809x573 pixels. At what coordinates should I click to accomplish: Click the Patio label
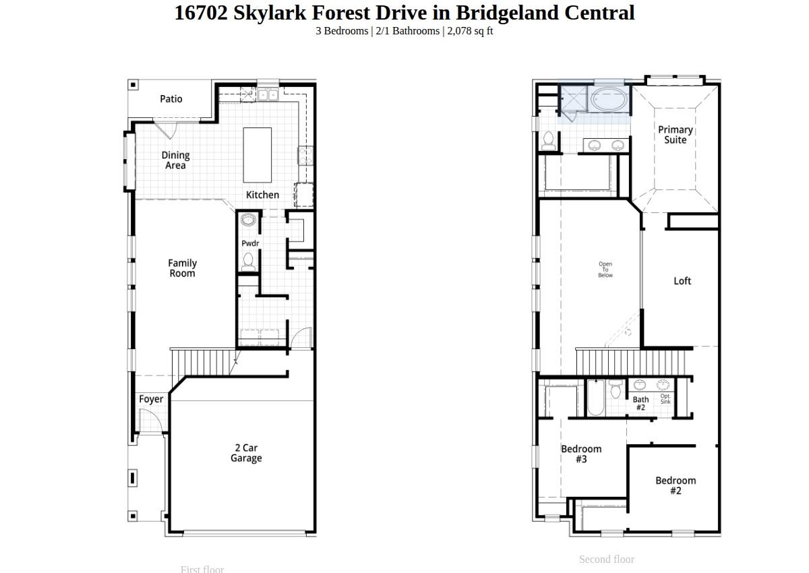(x=171, y=99)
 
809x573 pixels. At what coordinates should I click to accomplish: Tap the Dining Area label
(x=175, y=160)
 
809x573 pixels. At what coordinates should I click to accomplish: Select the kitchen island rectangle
(x=257, y=155)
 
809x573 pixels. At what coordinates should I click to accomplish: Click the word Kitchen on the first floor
(x=262, y=195)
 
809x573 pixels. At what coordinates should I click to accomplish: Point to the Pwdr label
(x=250, y=243)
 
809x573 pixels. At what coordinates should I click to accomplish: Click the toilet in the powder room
(x=248, y=260)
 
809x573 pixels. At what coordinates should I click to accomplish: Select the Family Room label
(x=182, y=268)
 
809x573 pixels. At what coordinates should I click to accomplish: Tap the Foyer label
(x=151, y=399)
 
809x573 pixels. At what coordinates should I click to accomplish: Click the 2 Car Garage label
(x=246, y=453)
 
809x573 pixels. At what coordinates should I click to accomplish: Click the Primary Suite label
(x=676, y=135)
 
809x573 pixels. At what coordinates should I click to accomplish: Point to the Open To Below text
(x=605, y=270)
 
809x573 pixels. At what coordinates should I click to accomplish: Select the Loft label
(x=682, y=281)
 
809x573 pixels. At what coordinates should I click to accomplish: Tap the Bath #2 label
(x=640, y=404)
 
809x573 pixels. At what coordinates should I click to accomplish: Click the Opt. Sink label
(x=665, y=399)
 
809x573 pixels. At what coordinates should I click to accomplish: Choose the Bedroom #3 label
(x=581, y=454)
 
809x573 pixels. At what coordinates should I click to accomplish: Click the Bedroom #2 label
(x=676, y=485)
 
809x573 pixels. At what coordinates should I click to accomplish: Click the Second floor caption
(x=606, y=560)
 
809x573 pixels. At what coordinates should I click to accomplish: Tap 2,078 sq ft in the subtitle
(x=471, y=31)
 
